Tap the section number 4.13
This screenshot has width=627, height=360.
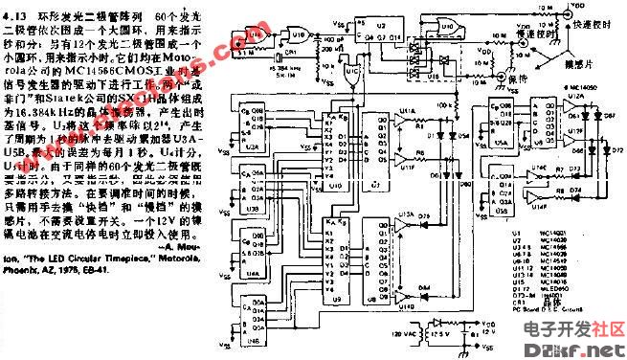20,15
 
